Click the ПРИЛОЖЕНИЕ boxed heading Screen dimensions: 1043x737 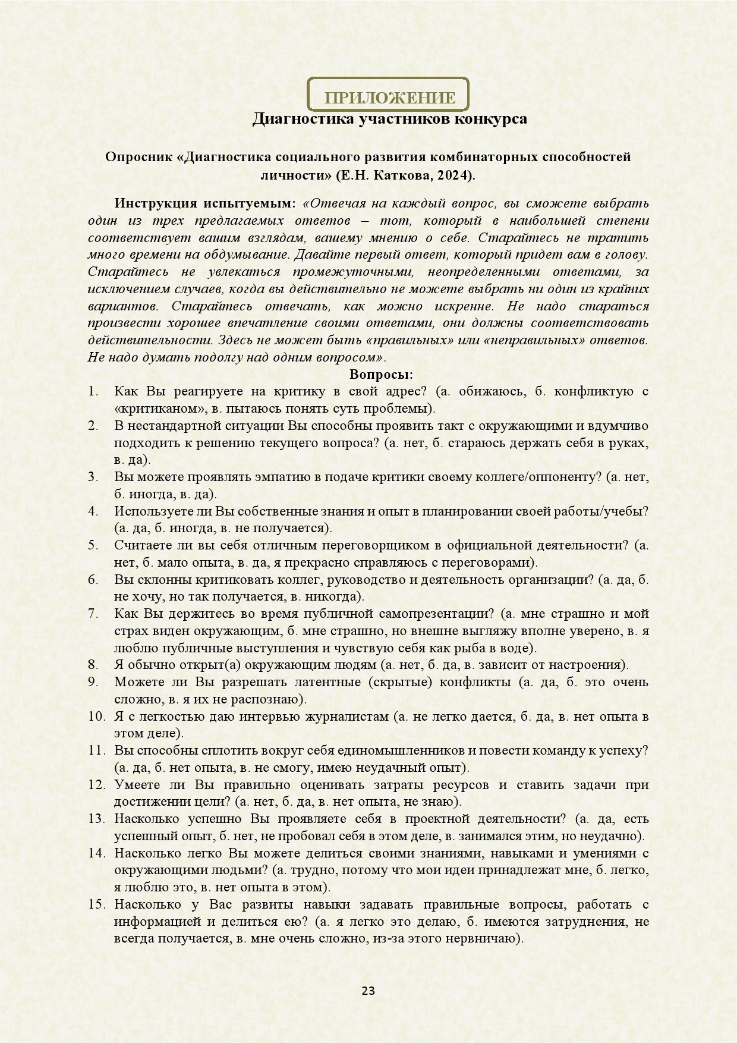pyautogui.click(x=390, y=98)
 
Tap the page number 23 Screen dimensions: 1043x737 pyautogui.click(x=368, y=991)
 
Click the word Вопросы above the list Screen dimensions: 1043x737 pyautogui.click(x=381, y=375)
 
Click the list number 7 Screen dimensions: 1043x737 pyautogui.click(x=93, y=613)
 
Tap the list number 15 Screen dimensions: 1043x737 pyautogui.click(x=96, y=904)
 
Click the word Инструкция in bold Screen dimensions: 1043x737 pyautogui.click(x=152, y=203)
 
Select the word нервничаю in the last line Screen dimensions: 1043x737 pyautogui.click(x=490, y=939)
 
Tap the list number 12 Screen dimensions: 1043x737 pyautogui.click(x=96, y=784)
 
